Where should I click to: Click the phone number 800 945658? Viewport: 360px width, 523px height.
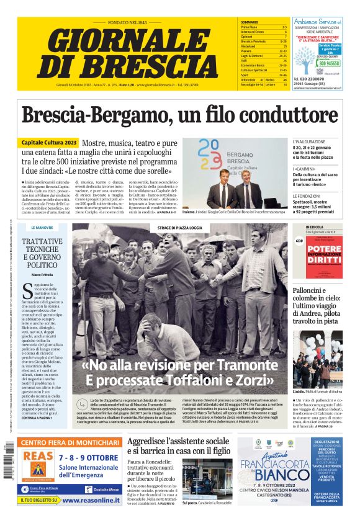(329, 63)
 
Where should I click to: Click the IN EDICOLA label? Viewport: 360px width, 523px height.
(315, 227)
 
